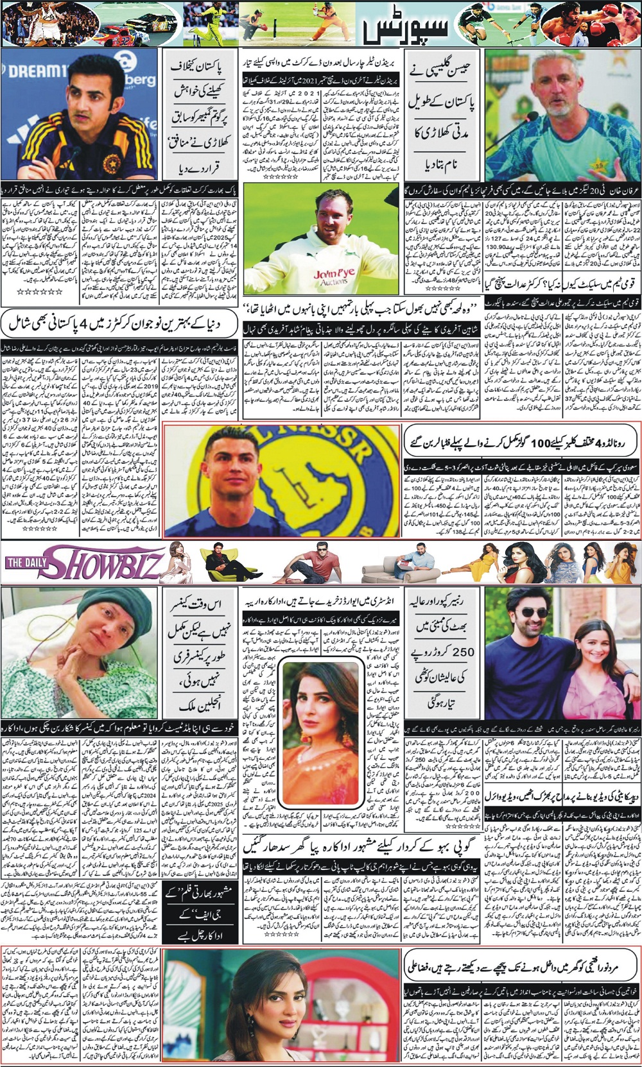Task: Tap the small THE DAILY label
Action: [x=28, y=563]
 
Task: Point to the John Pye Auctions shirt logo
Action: [x=331, y=277]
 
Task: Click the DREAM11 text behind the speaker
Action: [x=32, y=71]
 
